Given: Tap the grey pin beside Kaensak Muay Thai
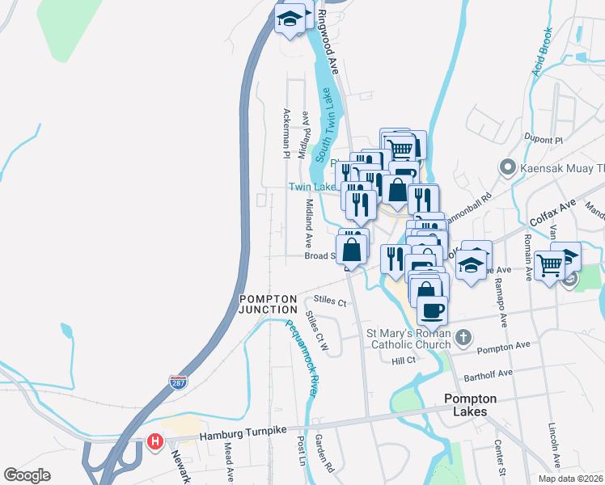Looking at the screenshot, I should click(x=507, y=168).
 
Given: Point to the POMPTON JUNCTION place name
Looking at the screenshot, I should click(x=269, y=304).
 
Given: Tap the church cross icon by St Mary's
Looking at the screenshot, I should click(x=461, y=337).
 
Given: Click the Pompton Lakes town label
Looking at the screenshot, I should click(x=470, y=405).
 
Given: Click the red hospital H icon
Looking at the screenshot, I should click(x=155, y=442).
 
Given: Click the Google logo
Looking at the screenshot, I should click(x=27, y=475).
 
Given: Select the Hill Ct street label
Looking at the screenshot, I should click(x=402, y=361).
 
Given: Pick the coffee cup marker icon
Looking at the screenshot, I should click(x=431, y=309).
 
